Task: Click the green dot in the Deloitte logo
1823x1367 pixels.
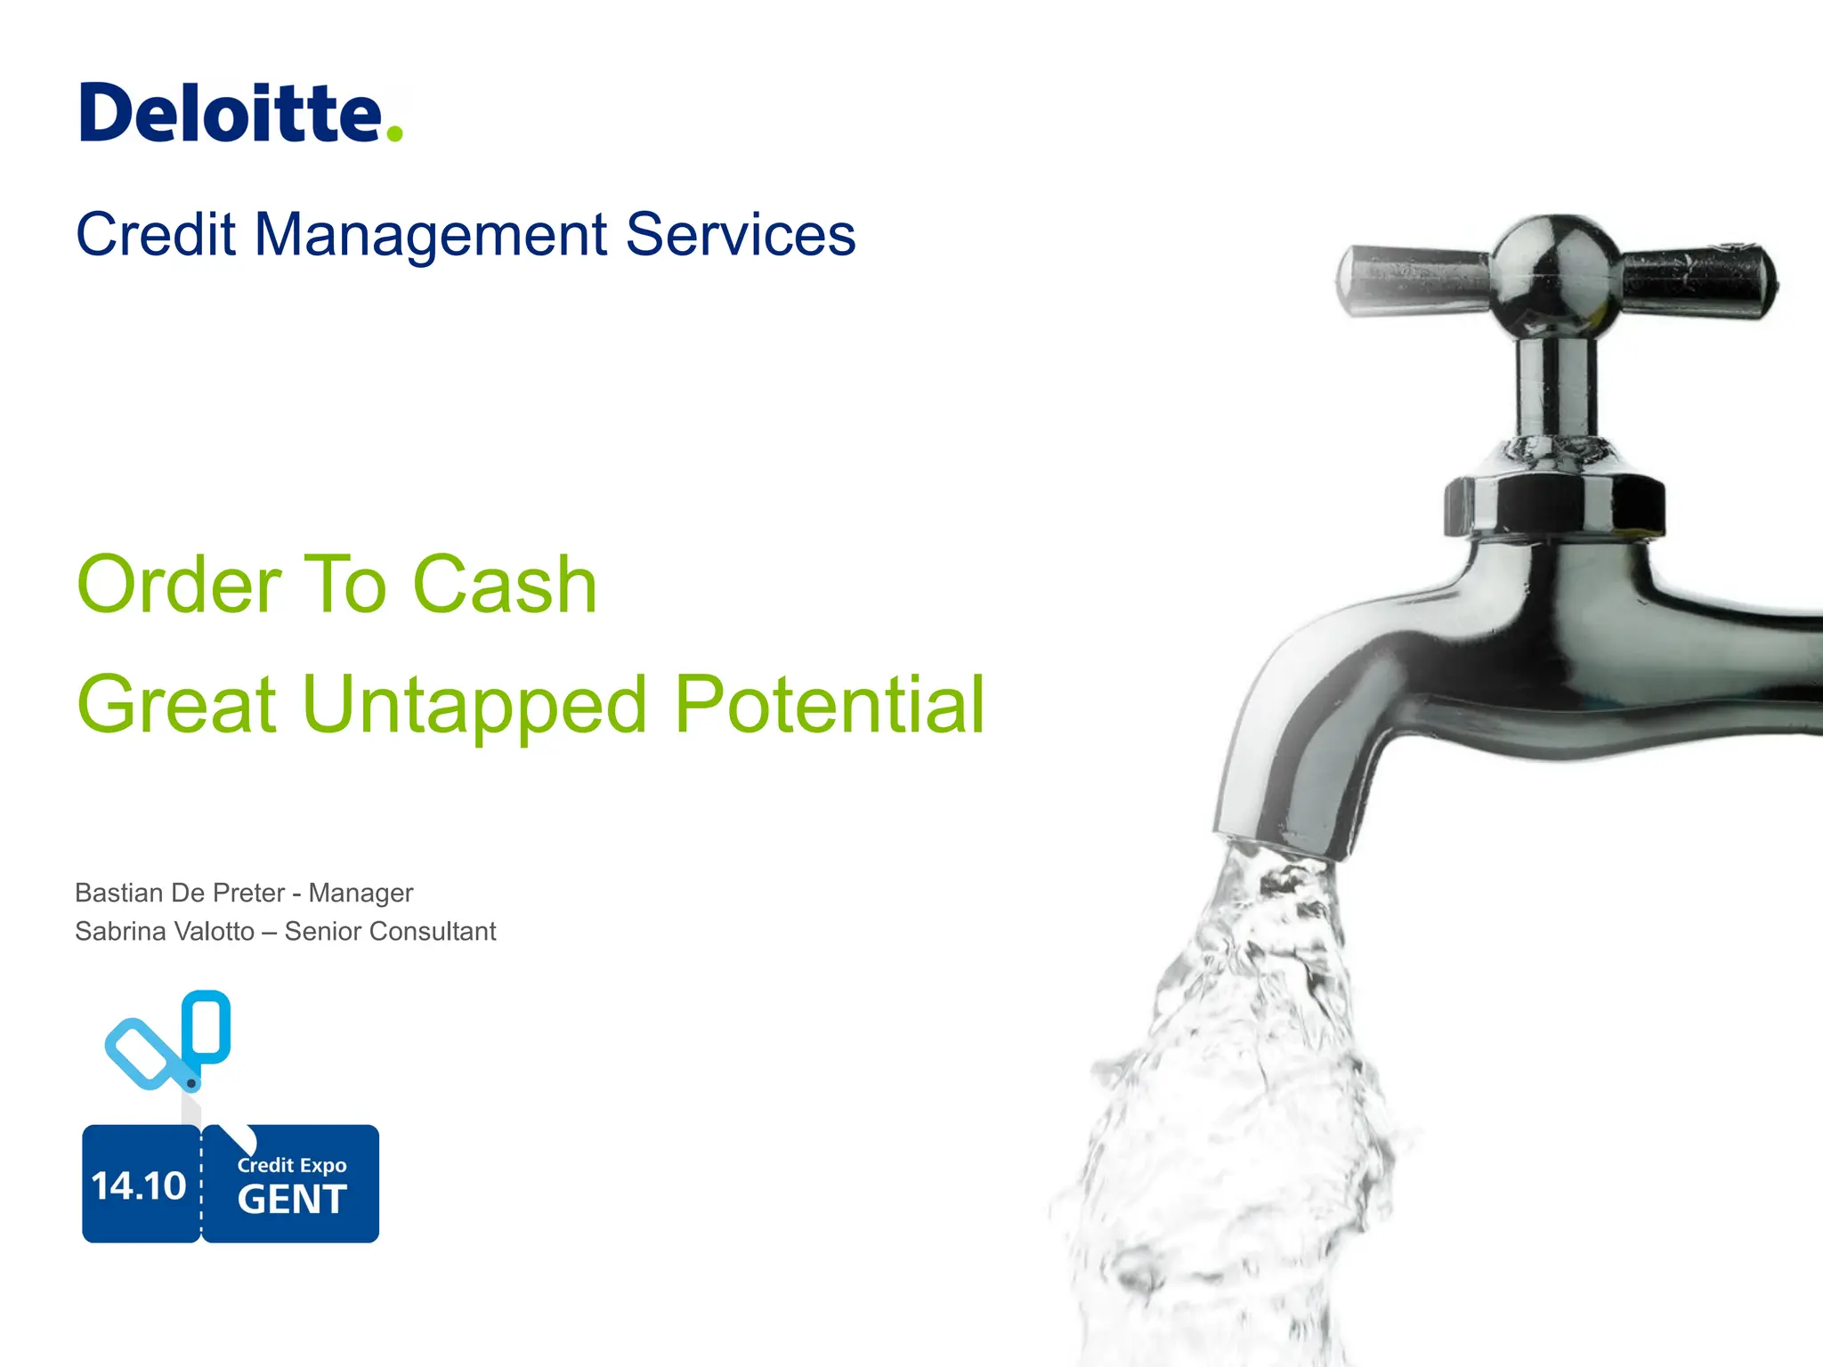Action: (394, 134)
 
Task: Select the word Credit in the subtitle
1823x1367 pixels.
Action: (156, 235)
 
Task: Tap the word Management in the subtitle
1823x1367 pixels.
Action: (431, 235)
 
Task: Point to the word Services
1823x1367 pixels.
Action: (740, 235)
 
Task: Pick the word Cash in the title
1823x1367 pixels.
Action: (505, 585)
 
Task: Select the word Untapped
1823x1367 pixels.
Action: (474, 706)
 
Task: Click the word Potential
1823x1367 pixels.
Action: (830, 704)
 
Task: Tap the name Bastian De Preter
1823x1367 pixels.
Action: (180, 893)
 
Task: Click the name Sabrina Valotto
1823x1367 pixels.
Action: (165, 932)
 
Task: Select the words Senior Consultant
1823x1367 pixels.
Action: (390, 932)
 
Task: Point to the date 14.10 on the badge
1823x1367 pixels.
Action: (139, 1185)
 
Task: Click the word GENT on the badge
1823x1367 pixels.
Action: (292, 1200)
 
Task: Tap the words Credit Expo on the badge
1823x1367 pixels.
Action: (292, 1165)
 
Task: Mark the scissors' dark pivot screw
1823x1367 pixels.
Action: (190, 1083)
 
